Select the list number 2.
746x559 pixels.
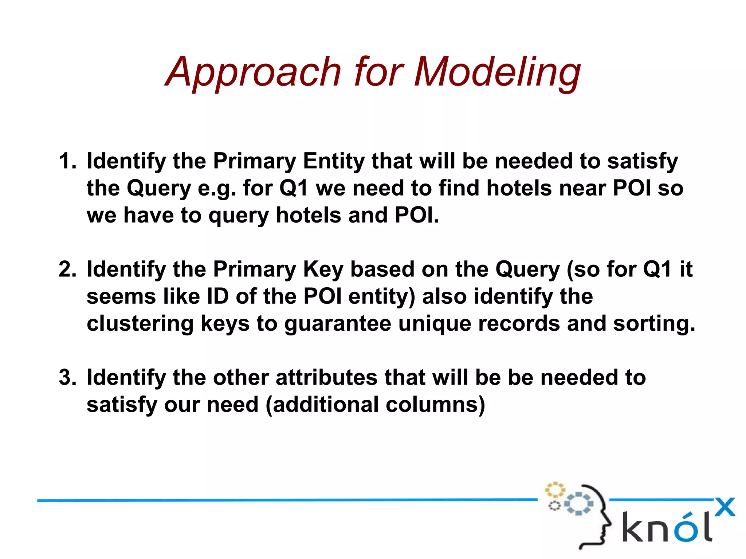(67, 269)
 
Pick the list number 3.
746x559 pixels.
(67, 377)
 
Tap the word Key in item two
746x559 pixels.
(323, 269)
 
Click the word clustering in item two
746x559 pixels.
(140, 323)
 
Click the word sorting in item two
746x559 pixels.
(654, 323)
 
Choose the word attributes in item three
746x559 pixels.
(326, 377)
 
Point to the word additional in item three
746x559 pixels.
(326, 405)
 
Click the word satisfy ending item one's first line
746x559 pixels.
(642, 161)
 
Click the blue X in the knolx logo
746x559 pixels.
(725, 507)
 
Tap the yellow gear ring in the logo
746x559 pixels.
(554, 490)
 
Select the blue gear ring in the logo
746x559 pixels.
(578, 504)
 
